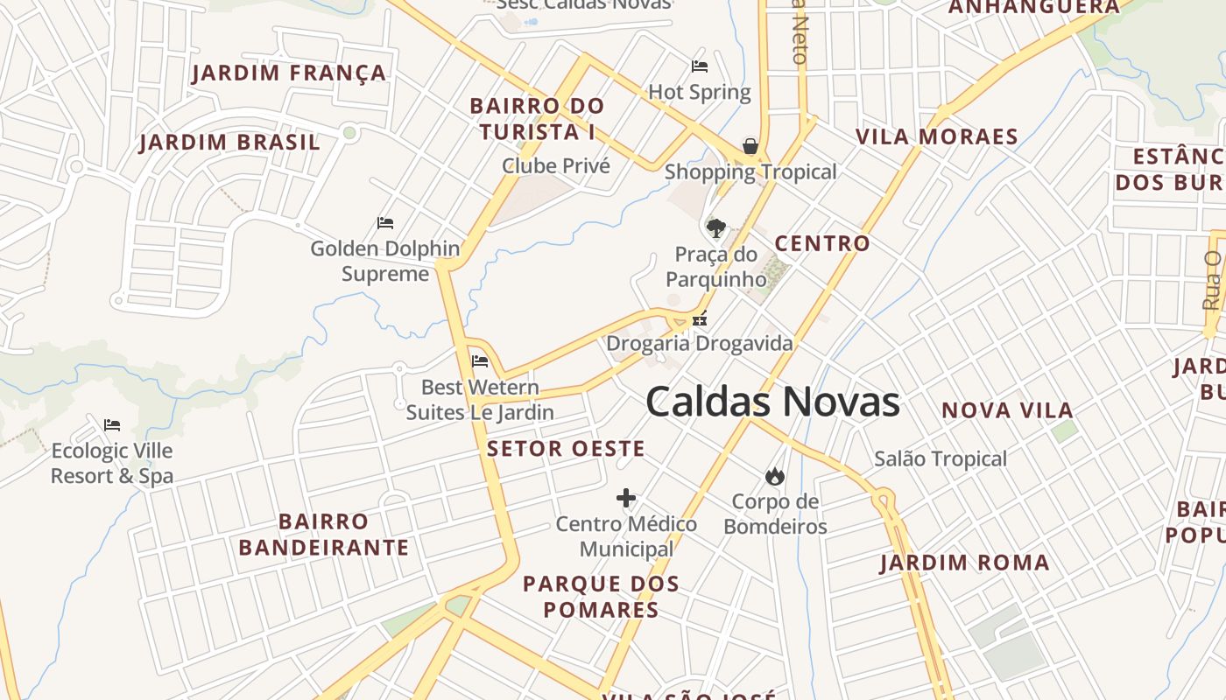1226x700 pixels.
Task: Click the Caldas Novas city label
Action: (x=772, y=402)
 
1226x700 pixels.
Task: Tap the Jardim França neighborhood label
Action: (x=289, y=73)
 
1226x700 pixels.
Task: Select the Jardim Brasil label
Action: (x=229, y=143)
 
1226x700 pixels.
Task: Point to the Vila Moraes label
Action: (x=937, y=136)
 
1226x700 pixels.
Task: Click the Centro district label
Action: (x=822, y=243)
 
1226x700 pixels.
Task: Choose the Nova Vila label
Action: (x=1007, y=410)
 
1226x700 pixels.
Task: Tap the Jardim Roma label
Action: (x=964, y=563)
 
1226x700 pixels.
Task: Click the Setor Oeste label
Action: (x=566, y=449)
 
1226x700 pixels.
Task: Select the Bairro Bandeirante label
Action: (x=323, y=535)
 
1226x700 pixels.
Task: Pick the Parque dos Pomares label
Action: (x=601, y=597)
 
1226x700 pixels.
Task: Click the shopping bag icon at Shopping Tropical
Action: (x=750, y=146)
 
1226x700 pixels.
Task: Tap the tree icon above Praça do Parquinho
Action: (x=715, y=228)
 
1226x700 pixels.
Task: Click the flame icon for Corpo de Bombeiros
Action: (x=774, y=477)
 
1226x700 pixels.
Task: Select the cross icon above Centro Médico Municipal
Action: (x=625, y=499)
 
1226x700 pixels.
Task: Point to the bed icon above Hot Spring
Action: (x=700, y=66)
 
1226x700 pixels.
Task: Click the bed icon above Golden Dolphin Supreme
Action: (x=385, y=223)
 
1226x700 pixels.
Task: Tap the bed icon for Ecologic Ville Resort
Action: (x=112, y=425)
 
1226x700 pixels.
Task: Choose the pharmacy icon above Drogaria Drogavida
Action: (x=700, y=319)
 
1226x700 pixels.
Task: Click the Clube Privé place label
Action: (x=555, y=165)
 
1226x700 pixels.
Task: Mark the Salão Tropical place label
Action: (x=941, y=458)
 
